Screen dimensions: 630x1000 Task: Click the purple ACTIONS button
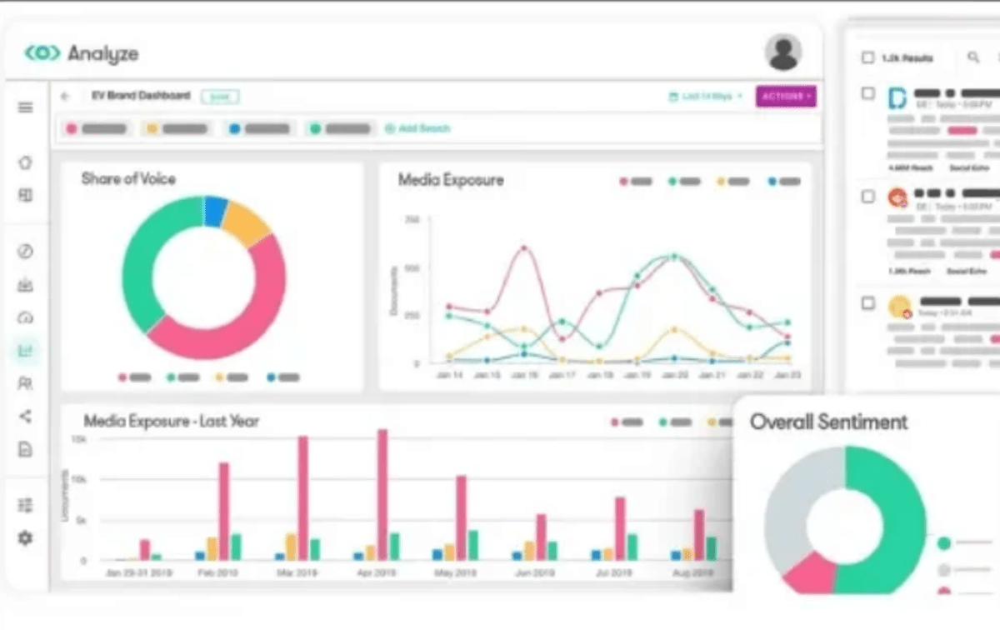pyautogui.click(x=786, y=97)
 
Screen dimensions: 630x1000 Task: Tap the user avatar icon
pyautogui.click(x=783, y=52)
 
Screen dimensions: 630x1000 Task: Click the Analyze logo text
pyautogui.click(x=102, y=54)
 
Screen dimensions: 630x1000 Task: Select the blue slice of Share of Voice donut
pyautogui.click(x=215, y=211)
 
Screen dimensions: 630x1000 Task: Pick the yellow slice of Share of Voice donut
pyautogui.click(x=246, y=222)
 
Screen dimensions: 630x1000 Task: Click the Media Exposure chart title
pyautogui.click(x=450, y=180)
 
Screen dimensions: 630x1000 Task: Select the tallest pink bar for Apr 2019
pyautogui.click(x=382, y=493)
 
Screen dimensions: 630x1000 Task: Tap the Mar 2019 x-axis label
pyautogui.click(x=297, y=574)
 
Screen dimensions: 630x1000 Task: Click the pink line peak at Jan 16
pyautogui.click(x=524, y=247)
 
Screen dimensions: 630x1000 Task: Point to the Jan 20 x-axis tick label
pyautogui.click(x=674, y=377)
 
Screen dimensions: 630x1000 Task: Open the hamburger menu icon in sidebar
pyautogui.click(x=26, y=107)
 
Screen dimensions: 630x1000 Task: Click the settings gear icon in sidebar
pyautogui.click(x=26, y=538)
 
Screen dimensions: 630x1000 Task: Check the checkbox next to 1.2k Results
pyautogui.click(x=867, y=57)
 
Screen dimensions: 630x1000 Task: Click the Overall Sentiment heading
pyautogui.click(x=828, y=422)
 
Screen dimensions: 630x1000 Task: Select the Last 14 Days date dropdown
pyautogui.click(x=706, y=97)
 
